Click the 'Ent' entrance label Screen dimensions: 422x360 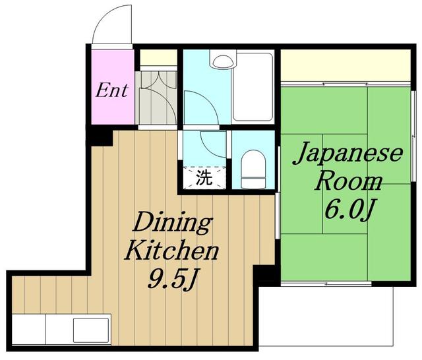coord(111,90)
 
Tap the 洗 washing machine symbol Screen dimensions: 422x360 coord(204,178)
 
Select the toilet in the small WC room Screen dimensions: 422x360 coord(253,169)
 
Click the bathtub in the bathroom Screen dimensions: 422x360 coord(253,87)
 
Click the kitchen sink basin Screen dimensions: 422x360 coord(91,331)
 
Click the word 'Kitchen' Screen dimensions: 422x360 coord(171,251)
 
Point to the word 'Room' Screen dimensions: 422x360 coord(348,182)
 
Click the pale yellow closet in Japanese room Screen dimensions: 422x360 coord(346,65)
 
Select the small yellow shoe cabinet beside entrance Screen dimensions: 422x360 coord(158,57)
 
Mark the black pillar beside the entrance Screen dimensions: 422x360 coord(100,137)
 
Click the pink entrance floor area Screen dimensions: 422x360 coord(113,86)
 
